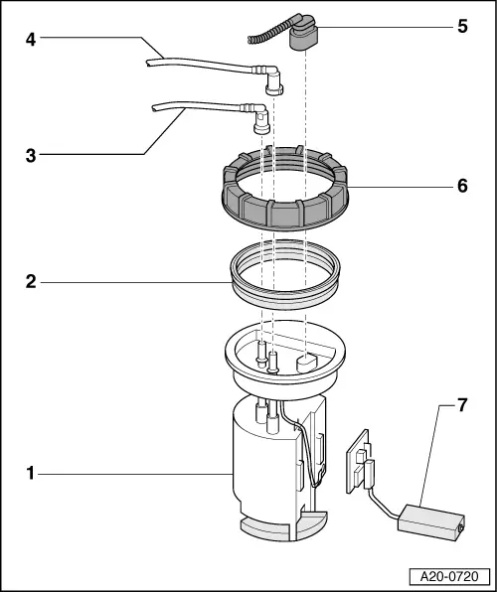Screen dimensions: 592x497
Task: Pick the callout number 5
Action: point(462,27)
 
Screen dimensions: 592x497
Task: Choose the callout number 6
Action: point(462,186)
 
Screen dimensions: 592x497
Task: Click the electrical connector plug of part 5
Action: point(303,37)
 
